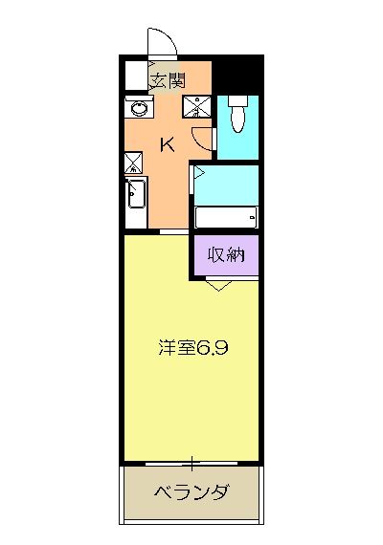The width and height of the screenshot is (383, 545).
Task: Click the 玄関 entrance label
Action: pyautogui.click(x=167, y=80)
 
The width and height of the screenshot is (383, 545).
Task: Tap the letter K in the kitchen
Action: pyautogui.click(x=167, y=145)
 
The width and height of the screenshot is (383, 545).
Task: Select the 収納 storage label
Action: pyautogui.click(x=228, y=254)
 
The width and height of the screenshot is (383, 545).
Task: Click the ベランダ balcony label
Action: pyautogui.click(x=191, y=492)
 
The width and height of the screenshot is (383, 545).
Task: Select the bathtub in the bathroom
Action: pyautogui.click(x=226, y=217)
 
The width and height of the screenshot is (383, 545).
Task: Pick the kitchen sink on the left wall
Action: pyautogui.click(x=135, y=196)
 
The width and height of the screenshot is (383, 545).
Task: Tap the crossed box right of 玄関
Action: pyautogui.click(x=201, y=106)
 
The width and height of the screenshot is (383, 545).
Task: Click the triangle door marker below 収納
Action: pyautogui.click(x=218, y=284)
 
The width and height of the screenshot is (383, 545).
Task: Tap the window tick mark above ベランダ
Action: pyautogui.click(x=192, y=465)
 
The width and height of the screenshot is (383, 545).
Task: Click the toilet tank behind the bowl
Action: pyautogui.click(x=237, y=99)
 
